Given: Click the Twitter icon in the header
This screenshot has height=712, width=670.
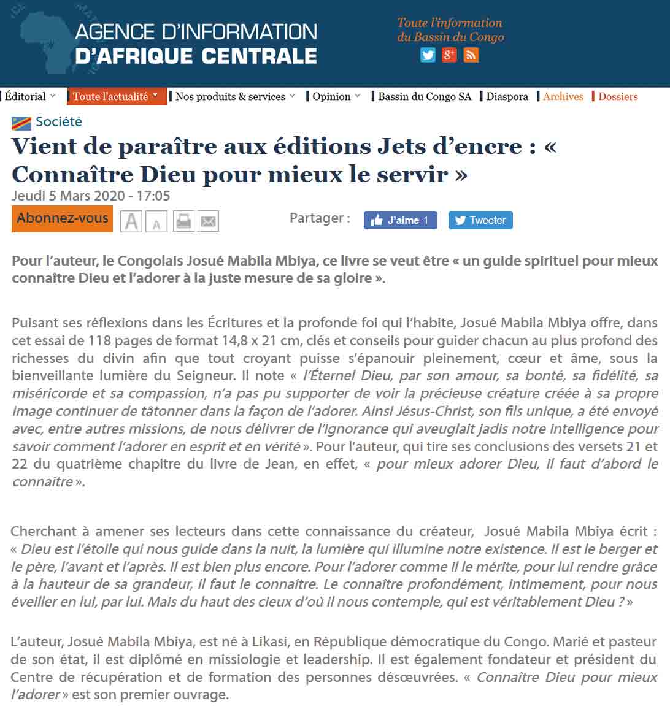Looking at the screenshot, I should [x=428, y=55].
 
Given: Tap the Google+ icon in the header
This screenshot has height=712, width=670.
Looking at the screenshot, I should [x=449, y=55].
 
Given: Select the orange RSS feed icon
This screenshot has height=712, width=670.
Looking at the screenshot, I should [x=471, y=55].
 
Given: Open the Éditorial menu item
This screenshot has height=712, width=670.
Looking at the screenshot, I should [x=26, y=97].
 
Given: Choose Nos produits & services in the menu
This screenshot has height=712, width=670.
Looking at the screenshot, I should [x=231, y=97].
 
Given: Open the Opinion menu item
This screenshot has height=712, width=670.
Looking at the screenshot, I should [x=332, y=97].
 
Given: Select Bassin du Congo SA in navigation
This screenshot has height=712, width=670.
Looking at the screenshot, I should [x=425, y=97].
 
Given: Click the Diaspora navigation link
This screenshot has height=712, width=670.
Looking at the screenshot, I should [x=507, y=97].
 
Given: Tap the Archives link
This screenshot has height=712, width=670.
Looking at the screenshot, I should [x=563, y=97].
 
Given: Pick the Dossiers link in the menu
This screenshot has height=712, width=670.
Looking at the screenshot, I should [x=618, y=97].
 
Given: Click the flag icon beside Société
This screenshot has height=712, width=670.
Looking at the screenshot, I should [x=21, y=123].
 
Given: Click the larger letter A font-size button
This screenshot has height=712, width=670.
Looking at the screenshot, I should [x=131, y=221].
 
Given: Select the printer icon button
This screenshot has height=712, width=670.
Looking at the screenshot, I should [x=183, y=221].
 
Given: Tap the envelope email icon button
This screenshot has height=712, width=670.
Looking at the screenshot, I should [x=209, y=221].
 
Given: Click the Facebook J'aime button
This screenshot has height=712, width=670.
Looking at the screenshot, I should [x=400, y=220].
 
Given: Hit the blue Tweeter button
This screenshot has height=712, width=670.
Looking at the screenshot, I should [x=480, y=220].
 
